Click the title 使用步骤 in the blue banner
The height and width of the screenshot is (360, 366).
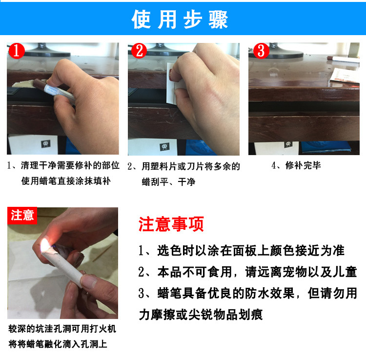point(180,20)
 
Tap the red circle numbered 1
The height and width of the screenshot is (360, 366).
point(16,51)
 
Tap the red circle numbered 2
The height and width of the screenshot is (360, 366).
point(139,51)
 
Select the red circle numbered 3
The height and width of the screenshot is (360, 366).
point(261,51)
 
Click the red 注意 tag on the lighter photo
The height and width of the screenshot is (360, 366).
point(22,215)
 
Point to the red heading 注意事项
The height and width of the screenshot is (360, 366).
point(171,224)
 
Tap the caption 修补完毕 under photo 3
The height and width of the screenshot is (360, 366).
point(303,165)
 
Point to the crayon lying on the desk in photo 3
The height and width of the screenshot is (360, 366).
point(343,59)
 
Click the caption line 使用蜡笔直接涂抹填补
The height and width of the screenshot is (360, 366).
point(66,181)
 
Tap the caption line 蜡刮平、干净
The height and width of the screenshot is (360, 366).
point(168,182)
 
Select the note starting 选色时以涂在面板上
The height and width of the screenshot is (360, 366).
point(242,251)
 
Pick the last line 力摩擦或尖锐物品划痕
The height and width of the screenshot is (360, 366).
point(201,315)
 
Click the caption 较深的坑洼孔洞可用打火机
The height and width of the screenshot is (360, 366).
point(62,329)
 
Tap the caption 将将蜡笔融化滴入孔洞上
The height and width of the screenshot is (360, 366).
point(58,344)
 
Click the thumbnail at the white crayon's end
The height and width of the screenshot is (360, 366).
point(89,280)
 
